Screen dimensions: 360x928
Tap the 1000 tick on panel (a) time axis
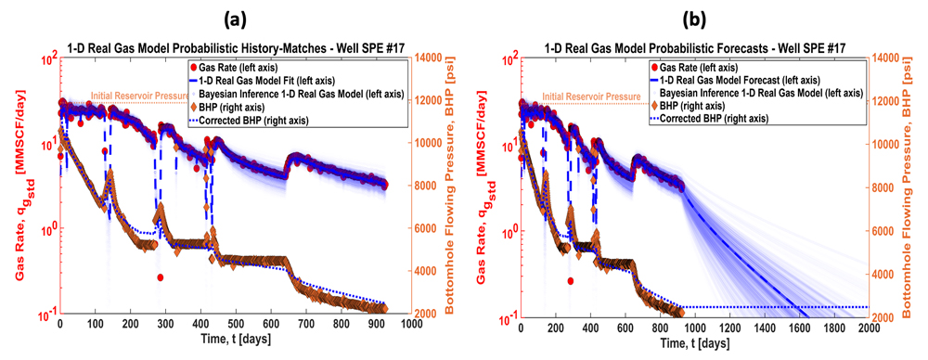pos(410,325)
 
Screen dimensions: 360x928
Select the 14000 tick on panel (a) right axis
pos(432,58)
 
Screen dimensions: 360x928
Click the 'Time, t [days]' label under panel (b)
pos(693,343)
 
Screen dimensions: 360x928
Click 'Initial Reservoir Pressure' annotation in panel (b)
pos(590,96)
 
